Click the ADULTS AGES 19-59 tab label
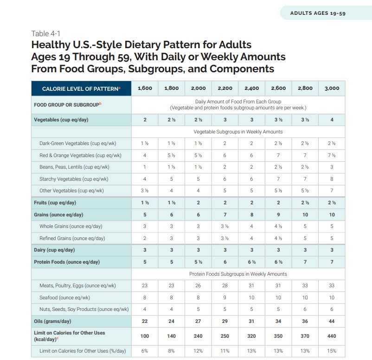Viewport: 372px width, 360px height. tap(318, 13)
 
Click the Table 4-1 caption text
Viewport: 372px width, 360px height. tap(46, 33)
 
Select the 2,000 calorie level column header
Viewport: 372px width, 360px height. tap(198, 88)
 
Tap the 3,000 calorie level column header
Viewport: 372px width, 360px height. tap(332, 88)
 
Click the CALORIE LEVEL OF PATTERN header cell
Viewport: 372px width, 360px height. tap(81, 88)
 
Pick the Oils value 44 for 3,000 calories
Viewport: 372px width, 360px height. tap(332, 321)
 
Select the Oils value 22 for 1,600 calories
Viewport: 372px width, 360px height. tap(145, 321)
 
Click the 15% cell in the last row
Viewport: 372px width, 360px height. tap(332, 351)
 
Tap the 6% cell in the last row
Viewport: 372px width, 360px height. tap(145, 351)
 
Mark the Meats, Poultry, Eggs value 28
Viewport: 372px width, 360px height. tap(225, 286)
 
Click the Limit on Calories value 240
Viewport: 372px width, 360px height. tap(198, 336)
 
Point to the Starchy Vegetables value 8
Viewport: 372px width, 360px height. tap(332, 179)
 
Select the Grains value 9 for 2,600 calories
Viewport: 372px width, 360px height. tap(278, 215)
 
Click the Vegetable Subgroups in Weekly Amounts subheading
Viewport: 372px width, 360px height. tap(238, 132)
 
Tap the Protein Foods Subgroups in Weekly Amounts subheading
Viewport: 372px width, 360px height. tap(238, 274)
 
